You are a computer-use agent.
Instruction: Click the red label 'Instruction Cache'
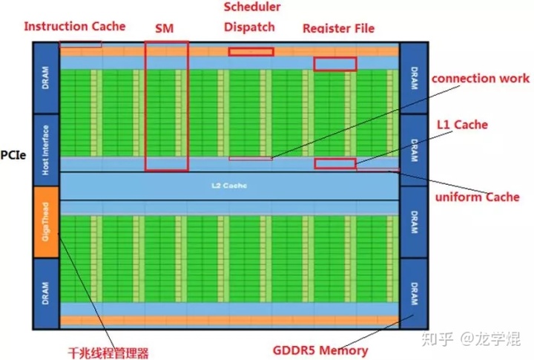click(x=75, y=26)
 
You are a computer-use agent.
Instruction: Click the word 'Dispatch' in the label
click(x=250, y=27)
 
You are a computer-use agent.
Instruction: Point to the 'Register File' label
click(x=338, y=28)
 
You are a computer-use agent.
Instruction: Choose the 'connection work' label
click(x=481, y=78)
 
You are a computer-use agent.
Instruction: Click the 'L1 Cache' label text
click(x=461, y=125)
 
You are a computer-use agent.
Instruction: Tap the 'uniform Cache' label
click(x=478, y=197)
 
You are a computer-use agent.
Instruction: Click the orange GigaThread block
click(x=46, y=221)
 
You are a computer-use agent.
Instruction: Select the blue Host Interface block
click(x=46, y=149)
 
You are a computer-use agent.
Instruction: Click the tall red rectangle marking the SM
click(x=166, y=105)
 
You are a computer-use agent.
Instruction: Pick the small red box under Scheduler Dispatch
click(x=251, y=52)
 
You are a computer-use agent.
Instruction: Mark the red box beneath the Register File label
click(x=335, y=65)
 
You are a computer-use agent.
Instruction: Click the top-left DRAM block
click(x=46, y=78)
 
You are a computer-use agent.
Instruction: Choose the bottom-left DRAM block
click(x=46, y=292)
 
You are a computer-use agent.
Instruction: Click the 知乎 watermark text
click(x=436, y=341)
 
